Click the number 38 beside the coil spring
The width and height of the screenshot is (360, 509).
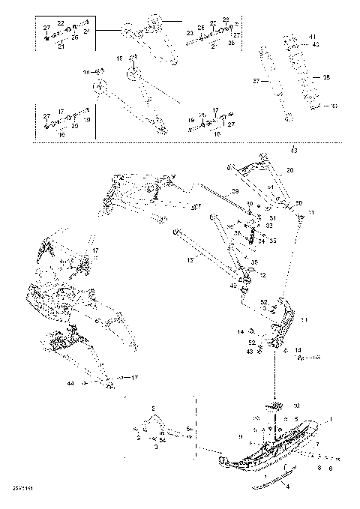[x=325, y=77]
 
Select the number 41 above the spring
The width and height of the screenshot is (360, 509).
[x=313, y=37]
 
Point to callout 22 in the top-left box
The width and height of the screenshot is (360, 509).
[x=61, y=24]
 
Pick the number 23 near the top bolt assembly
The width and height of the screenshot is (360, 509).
[x=189, y=34]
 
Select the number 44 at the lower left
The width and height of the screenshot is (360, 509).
[x=70, y=382]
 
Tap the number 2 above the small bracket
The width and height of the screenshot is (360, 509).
[x=152, y=409]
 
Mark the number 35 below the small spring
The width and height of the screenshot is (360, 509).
[x=253, y=262]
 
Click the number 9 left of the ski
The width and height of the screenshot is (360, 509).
[x=239, y=437]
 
